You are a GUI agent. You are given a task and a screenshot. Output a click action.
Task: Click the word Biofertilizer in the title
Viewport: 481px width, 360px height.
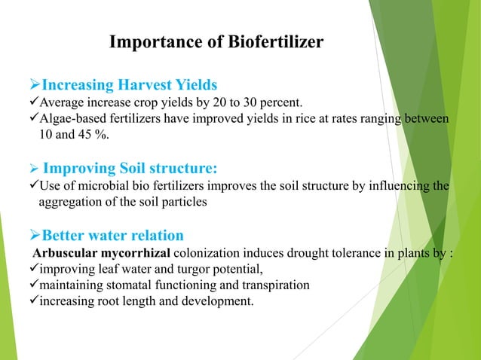pyautogui.click(x=277, y=41)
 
